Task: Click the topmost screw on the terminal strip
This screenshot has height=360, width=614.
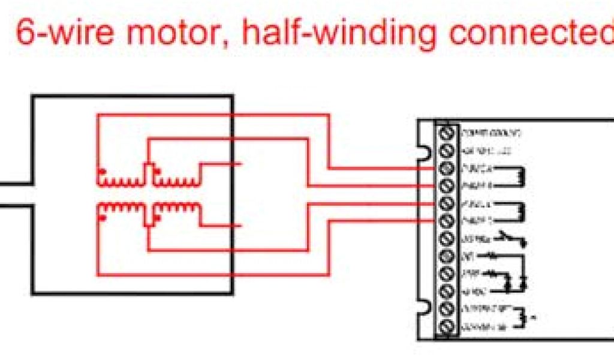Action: pos(446,132)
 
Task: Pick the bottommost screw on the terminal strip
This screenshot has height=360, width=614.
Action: pos(446,328)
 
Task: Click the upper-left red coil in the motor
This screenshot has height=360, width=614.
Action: pos(119,181)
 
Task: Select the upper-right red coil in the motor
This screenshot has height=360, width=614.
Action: pos(176,181)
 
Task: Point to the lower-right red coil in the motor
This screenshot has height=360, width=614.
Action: pos(176,208)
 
